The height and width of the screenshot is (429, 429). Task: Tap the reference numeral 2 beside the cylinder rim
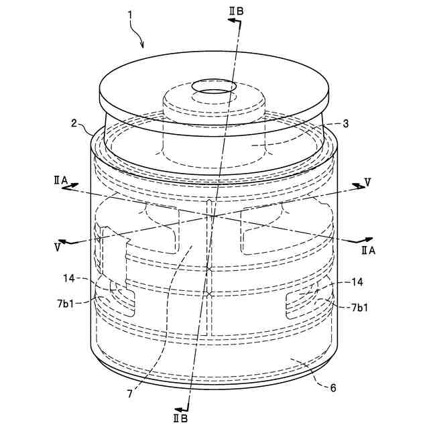(74, 123)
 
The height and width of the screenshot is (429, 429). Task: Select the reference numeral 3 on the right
(345, 123)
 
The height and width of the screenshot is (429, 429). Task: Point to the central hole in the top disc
(211, 87)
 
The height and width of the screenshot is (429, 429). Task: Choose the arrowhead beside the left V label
(62, 241)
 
